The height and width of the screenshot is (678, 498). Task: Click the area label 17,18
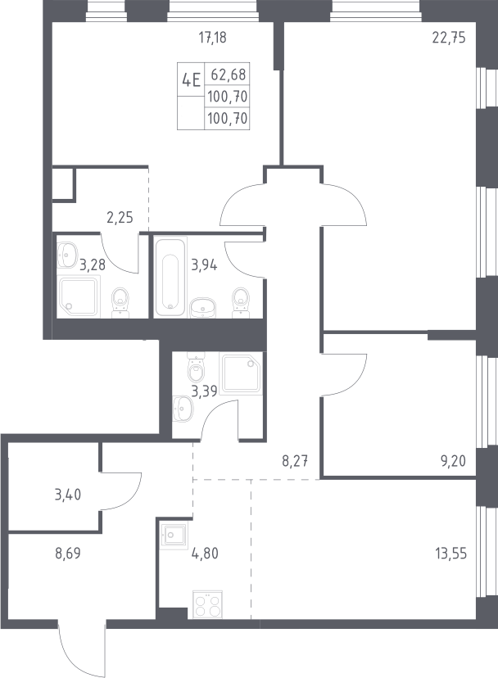click(x=212, y=38)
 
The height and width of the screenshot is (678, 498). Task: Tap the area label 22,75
click(x=449, y=38)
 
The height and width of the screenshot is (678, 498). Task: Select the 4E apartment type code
click(x=191, y=79)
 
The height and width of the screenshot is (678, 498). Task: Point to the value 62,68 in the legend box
click(x=229, y=75)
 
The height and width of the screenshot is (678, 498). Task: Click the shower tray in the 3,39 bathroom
click(x=242, y=373)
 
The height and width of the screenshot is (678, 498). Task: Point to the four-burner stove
click(x=208, y=604)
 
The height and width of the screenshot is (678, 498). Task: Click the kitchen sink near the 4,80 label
click(x=174, y=536)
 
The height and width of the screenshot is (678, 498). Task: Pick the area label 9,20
click(x=453, y=461)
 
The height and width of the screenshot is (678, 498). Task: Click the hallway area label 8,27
click(x=295, y=461)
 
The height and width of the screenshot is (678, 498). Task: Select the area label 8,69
click(x=68, y=553)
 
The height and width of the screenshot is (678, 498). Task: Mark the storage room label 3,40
click(x=68, y=495)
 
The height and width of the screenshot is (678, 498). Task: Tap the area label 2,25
click(x=120, y=217)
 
